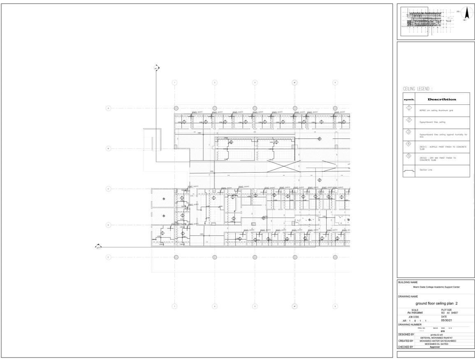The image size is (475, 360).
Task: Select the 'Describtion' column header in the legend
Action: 442,99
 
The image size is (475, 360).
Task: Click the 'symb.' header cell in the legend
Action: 409,99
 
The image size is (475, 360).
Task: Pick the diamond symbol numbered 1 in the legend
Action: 409,108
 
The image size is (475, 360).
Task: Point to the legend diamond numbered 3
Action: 409,132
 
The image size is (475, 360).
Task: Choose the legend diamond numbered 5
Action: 409,156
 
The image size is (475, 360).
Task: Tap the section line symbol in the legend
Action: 409,171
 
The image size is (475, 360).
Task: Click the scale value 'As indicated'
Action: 415,313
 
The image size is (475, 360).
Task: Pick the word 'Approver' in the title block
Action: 435,347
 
